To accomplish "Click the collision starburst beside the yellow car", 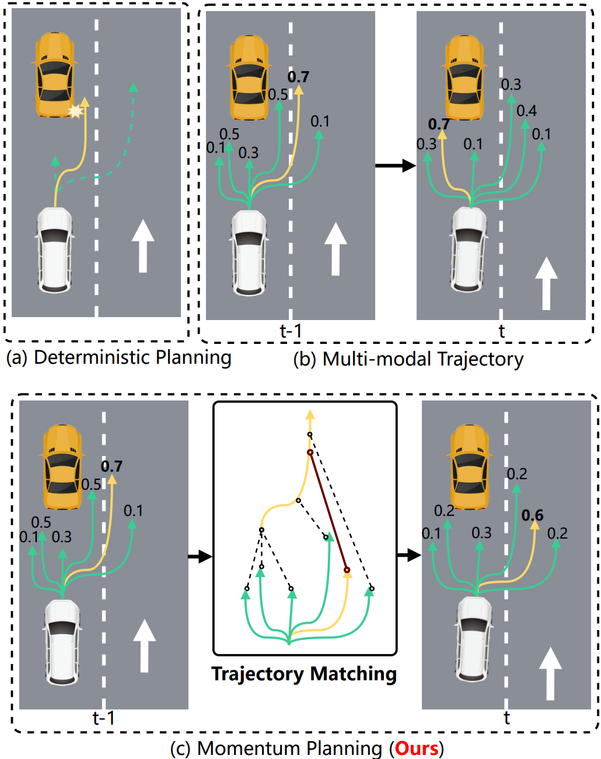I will pyautogui.click(x=75, y=111).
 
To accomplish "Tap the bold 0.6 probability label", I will pyautogui.click(x=532, y=515).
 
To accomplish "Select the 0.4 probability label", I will pyautogui.click(x=526, y=111).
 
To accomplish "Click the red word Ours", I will pyautogui.click(x=417, y=748).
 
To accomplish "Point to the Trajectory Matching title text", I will pyautogui.click(x=304, y=674).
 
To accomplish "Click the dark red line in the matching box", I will pyautogui.click(x=329, y=511).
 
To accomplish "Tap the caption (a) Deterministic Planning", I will pyautogui.click(x=118, y=357).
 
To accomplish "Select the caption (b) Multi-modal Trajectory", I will pyautogui.click(x=408, y=359).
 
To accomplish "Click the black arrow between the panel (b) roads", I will pyautogui.click(x=395, y=166).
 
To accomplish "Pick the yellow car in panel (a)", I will pyautogui.click(x=55, y=75).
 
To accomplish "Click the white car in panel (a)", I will pyautogui.click(x=55, y=250).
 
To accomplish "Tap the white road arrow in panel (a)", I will pyautogui.click(x=142, y=245).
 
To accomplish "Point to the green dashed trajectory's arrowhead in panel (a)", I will pyautogui.click(x=133, y=87).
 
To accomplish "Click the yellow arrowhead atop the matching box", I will pyautogui.click(x=310, y=414).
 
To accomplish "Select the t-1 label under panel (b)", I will pyautogui.click(x=291, y=331).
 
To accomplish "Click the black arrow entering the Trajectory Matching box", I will pyautogui.click(x=200, y=556).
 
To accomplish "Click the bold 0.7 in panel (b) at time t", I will pyautogui.click(x=439, y=124).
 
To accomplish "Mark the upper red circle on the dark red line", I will pyautogui.click(x=310, y=452).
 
